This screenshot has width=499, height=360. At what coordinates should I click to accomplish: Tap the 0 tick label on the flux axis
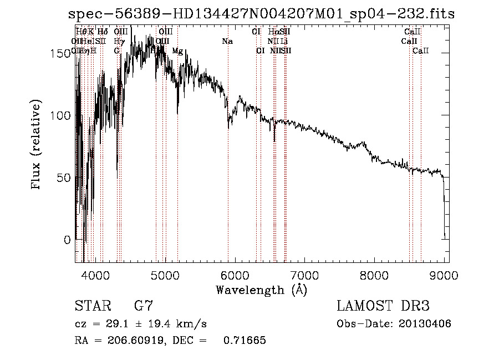[68, 240]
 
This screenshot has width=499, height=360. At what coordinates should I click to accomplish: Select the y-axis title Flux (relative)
[37, 145]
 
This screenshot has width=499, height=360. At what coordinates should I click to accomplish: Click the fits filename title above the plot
[261, 14]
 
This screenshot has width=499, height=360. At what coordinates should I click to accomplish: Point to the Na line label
[227, 42]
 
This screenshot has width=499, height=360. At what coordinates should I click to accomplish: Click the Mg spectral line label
[177, 51]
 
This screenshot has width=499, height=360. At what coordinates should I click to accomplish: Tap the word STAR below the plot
[92, 306]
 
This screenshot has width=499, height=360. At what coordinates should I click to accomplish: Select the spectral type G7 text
[143, 306]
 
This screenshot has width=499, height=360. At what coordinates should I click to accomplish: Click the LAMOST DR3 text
[383, 306]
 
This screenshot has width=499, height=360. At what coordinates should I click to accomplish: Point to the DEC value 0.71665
[245, 341]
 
